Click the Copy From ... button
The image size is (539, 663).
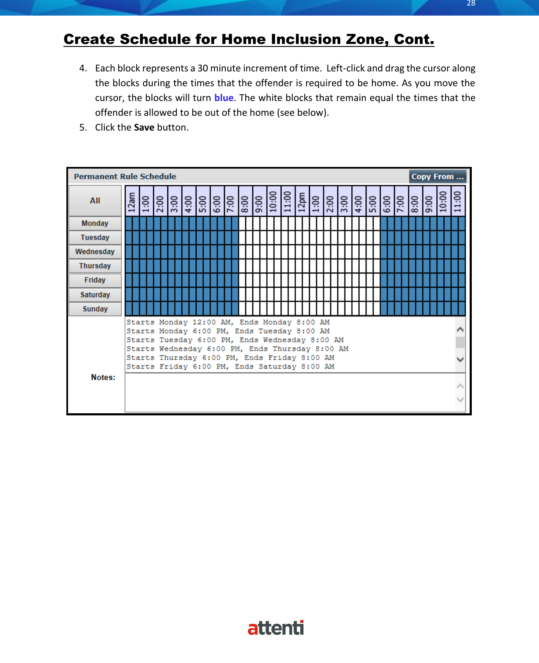click(x=437, y=177)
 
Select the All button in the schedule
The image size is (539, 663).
click(x=95, y=201)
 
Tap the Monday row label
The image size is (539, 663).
click(x=95, y=223)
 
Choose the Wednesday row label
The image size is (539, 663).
click(x=95, y=252)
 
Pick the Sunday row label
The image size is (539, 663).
click(x=95, y=309)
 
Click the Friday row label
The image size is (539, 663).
click(x=95, y=280)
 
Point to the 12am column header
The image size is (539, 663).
click(x=132, y=201)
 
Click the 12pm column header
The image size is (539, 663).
click(x=302, y=201)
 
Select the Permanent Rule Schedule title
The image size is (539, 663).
click(x=125, y=177)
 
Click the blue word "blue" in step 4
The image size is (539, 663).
click(x=224, y=98)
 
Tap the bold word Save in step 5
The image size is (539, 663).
click(x=144, y=127)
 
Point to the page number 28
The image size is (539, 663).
click(x=471, y=3)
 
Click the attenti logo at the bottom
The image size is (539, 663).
click(x=276, y=628)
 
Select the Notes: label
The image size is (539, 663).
click(x=103, y=377)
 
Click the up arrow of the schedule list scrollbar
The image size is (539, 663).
click(x=460, y=329)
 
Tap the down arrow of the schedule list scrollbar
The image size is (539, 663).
click(x=460, y=360)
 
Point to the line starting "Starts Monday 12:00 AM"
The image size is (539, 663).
click(x=228, y=322)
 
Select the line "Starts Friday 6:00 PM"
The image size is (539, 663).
click(x=230, y=367)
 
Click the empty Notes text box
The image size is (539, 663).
click(x=290, y=393)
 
